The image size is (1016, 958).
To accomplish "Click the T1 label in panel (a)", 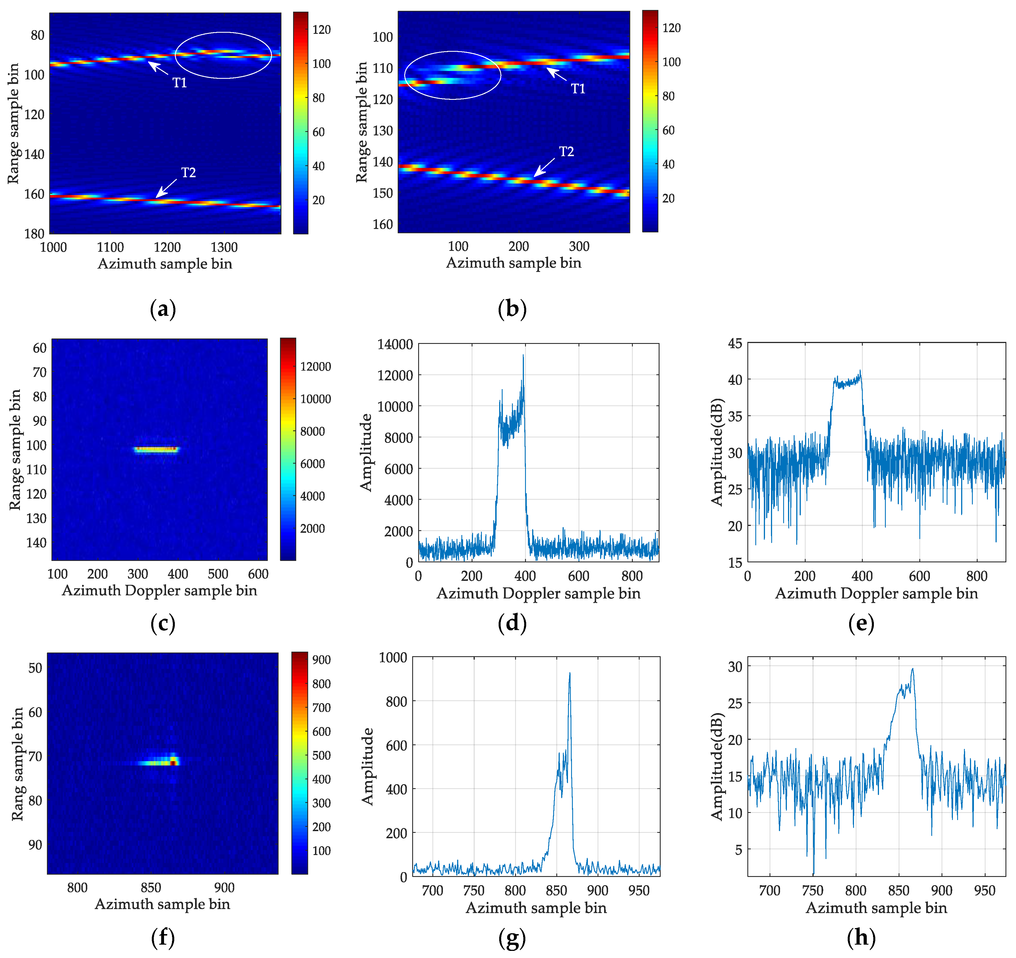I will coord(179,82).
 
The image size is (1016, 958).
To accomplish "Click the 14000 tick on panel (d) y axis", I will coord(395,344).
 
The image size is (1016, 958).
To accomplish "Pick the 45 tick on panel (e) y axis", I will coord(735,343).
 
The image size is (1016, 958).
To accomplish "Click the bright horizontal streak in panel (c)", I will coord(156,450).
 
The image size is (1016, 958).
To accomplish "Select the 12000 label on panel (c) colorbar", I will coord(315,366).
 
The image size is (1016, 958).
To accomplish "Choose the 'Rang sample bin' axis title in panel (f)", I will coord(17,764).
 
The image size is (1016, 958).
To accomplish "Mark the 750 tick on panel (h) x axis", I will coord(812,891).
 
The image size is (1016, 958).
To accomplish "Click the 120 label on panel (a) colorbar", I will coord(322,30).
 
